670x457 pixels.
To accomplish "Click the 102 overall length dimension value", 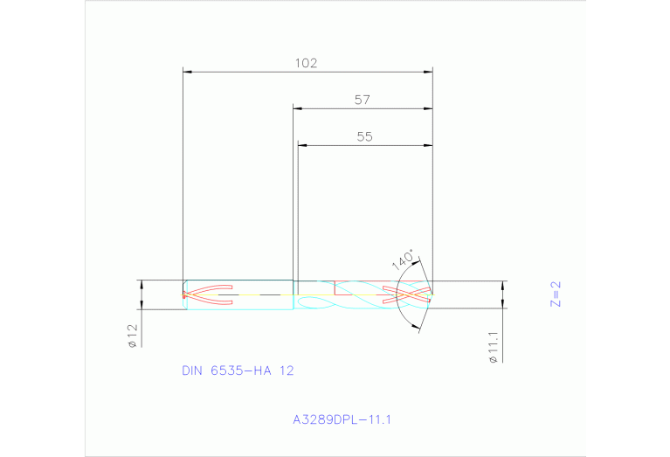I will [x=306, y=63].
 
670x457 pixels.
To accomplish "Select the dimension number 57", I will [x=363, y=100].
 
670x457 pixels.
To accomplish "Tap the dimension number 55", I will [x=365, y=136].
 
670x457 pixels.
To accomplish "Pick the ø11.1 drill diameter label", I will [x=494, y=346].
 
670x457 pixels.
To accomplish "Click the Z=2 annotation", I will [x=556, y=294].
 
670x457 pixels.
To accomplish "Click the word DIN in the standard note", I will [x=191, y=370].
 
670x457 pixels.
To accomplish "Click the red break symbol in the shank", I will [x=208, y=294].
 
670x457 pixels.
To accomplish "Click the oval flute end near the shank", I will [x=309, y=302].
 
